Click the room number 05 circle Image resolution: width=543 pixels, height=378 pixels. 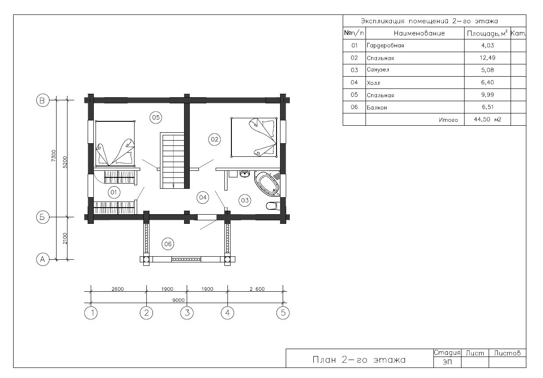click(156, 117)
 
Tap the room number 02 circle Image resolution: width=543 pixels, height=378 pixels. click(215, 139)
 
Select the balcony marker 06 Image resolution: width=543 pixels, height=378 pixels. click(168, 244)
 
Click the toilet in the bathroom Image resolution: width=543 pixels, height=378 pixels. click(273, 206)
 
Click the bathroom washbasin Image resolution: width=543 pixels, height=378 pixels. click(245, 174)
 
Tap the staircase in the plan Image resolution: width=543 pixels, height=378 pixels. click(172, 160)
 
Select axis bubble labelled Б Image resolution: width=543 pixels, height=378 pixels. click(43, 217)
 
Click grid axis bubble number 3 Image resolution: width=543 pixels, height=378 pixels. click(187, 313)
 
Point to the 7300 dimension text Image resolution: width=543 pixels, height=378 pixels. click(53, 156)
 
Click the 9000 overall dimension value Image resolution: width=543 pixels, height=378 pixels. click(178, 300)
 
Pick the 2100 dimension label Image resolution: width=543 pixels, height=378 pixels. click(65, 238)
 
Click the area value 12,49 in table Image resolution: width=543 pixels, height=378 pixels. click(487, 58)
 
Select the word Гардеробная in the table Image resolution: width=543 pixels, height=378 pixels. click(385, 46)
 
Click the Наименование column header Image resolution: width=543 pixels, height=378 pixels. click(419, 33)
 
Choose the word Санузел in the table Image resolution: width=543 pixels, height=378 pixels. click(378, 70)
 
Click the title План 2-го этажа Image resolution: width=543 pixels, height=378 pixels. click(359, 360)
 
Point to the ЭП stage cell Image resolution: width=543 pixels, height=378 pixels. click(447, 362)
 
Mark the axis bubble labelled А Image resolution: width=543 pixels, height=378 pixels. click(43, 259)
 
